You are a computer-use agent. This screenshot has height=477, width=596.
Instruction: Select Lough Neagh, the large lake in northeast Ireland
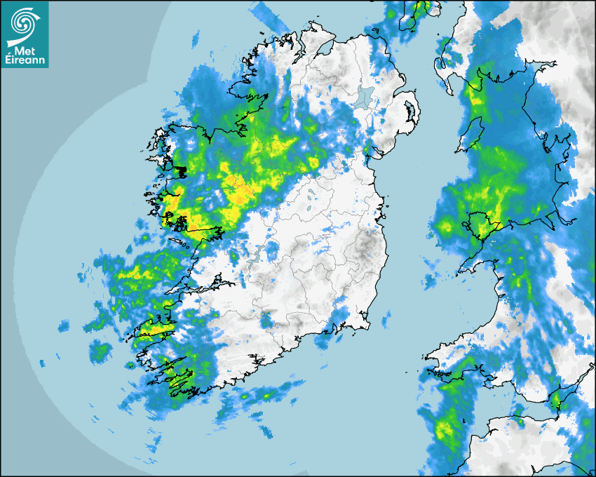(x=363, y=98)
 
